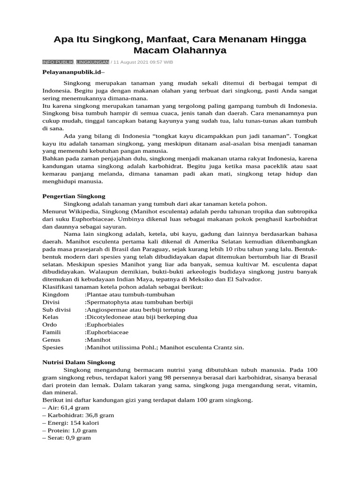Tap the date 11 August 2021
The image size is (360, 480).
point(132,62)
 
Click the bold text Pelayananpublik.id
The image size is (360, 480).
point(72,73)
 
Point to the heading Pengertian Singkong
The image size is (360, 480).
point(74,196)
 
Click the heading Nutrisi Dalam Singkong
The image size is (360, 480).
point(79,362)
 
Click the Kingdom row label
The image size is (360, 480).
point(56,294)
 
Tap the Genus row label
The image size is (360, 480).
point(52,340)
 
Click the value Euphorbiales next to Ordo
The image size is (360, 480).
point(104,325)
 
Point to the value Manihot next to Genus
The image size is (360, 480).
point(97,340)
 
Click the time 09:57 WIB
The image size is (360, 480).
point(163,62)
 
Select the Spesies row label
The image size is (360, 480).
point(53,347)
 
